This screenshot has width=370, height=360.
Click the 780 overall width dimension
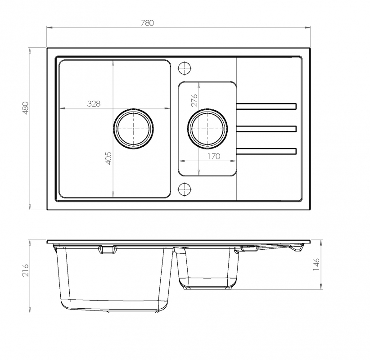148,23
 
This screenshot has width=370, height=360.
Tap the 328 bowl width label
94,103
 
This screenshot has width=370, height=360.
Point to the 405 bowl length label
108,158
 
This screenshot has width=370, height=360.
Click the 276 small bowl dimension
194,100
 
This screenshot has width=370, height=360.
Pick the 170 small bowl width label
213,156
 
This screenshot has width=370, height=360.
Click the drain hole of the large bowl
133,129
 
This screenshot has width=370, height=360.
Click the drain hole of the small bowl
208,129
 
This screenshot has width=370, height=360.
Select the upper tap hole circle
184,68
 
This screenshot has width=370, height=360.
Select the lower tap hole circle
184,189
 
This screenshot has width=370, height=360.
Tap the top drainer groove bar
266,106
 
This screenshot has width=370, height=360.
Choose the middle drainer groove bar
266,129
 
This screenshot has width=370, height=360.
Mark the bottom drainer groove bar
266,151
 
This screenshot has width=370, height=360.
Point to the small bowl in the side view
207,268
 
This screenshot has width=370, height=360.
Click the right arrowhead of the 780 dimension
307,28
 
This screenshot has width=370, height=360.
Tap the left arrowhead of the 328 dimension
62,108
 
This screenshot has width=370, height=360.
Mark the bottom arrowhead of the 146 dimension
321,286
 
